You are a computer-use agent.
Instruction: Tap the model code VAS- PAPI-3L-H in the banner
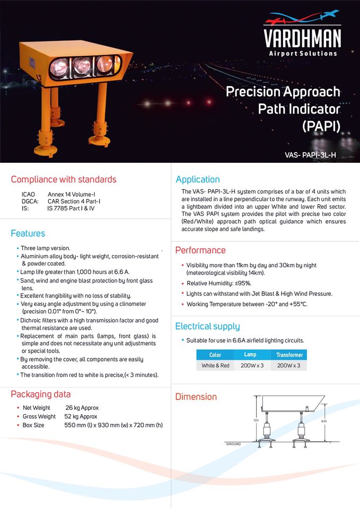pos(310,155)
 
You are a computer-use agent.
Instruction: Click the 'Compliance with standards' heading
pos(64,179)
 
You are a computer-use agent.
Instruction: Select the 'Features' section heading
pos(28,233)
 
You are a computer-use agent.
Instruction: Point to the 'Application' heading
pos(197,179)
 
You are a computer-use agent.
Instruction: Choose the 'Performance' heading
pos(200,250)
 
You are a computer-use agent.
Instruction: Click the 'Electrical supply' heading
pos(207,326)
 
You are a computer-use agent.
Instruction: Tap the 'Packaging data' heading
pos(41,394)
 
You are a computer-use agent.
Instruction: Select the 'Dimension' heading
pos(196,397)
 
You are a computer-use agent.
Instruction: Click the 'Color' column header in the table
pos(215,355)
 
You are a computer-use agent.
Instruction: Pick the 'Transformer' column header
pos(289,355)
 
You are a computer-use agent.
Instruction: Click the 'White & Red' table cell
pos(215,366)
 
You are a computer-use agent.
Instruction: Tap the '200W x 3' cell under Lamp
pos(252,366)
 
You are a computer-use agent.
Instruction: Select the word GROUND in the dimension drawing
pos(233,444)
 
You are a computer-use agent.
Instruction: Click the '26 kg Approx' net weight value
pos(82,408)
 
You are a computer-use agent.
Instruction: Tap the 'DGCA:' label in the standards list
pos(30,201)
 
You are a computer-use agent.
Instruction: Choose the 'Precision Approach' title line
pos(283,92)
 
